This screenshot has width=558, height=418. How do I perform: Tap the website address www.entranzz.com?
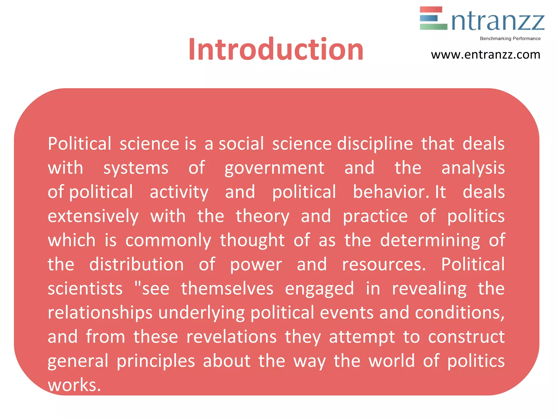(x=486, y=55)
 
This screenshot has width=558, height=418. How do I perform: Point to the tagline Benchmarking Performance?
(x=510, y=39)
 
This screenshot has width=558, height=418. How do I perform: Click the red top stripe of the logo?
(x=431, y=10)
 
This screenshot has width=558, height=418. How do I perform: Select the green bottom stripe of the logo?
(x=433, y=27)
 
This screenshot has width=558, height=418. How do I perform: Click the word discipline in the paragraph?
(x=375, y=144)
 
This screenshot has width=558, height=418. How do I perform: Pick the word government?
(x=274, y=168)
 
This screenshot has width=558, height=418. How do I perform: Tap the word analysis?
(x=473, y=168)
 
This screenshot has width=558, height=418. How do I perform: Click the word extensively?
(x=93, y=216)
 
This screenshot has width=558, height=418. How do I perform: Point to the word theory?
(x=262, y=216)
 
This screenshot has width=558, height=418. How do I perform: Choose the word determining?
(x=430, y=241)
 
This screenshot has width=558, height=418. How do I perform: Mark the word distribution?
(x=137, y=264)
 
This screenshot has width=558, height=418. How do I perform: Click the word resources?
(x=384, y=264)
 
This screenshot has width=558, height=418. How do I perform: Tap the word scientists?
(x=85, y=288)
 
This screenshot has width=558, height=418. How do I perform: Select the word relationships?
(x=100, y=313)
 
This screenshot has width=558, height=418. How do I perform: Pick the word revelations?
(x=231, y=337)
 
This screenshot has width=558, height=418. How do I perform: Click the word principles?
(x=156, y=361)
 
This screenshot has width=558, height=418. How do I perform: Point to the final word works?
(x=74, y=385)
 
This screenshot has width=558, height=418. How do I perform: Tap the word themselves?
(x=227, y=288)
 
